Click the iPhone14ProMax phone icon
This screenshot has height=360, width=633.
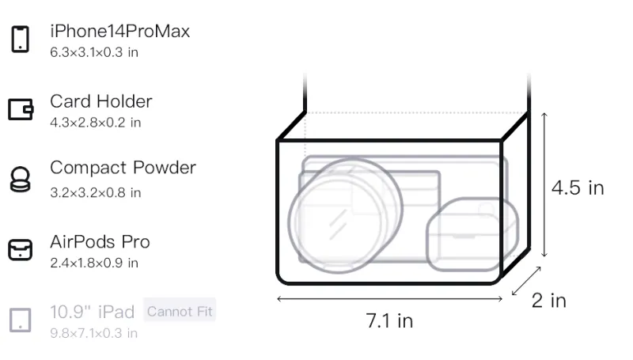(21, 39)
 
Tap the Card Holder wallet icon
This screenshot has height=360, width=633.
(21, 109)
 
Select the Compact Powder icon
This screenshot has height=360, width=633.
(20, 179)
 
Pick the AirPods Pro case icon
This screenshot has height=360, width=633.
(21, 249)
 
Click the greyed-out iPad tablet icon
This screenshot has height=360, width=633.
(21, 320)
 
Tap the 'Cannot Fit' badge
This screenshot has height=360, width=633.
(180, 311)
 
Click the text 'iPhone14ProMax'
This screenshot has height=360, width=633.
(120, 32)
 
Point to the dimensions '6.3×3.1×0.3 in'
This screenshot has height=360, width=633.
(94, 52)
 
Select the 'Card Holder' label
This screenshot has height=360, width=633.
(101, 101)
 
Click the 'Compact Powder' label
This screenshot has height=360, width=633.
(123, 168)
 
